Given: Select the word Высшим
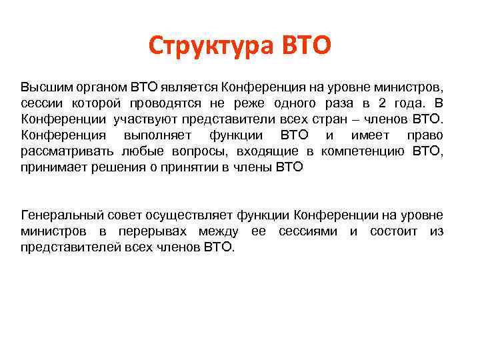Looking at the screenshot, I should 43,87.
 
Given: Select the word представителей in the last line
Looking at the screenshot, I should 63,247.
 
